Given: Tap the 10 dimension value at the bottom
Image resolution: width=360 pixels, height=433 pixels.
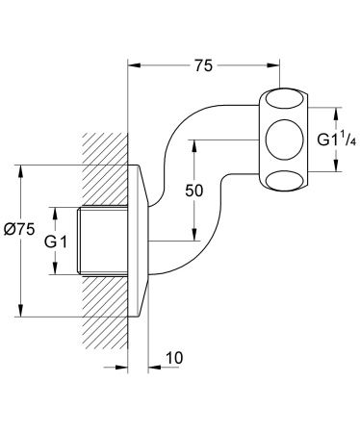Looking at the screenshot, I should pos(172,359).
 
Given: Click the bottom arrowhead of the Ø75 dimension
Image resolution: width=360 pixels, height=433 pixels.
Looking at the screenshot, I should pos(19,312).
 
